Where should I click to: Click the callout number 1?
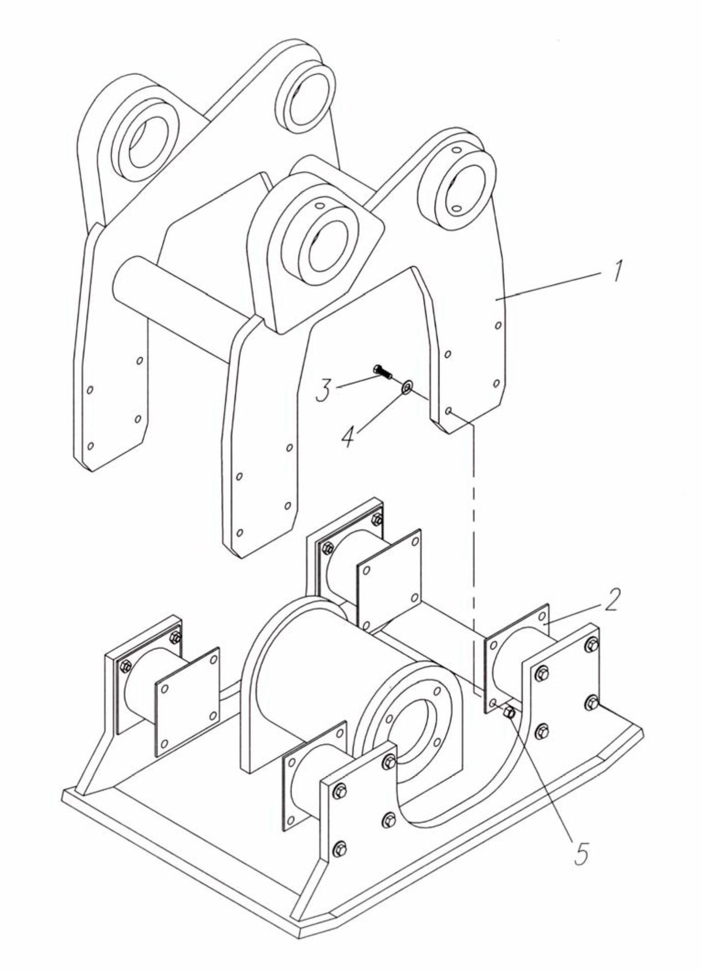pyautogui.click(x=616, y=270)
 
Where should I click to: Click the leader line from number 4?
pyautogui.click(x=379, y=411)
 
